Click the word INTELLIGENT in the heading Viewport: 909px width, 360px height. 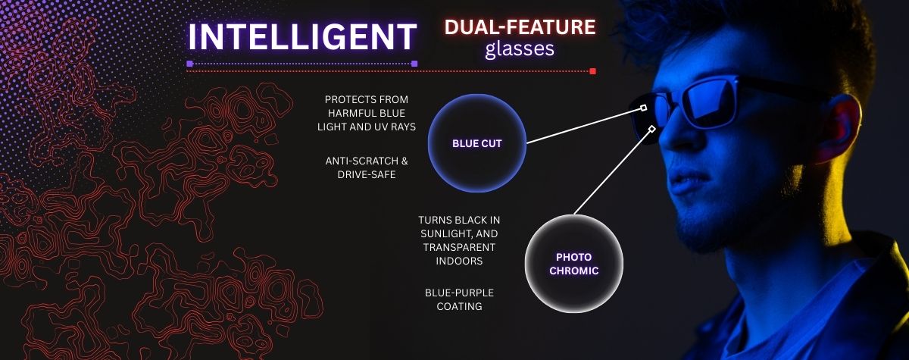click(302, 36)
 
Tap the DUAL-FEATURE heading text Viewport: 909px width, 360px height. click(520, 27)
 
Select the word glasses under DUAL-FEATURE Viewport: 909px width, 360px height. click(520, 49)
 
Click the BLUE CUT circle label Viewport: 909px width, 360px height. click(476, 143)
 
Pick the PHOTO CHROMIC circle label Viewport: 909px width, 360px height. click(574, 264)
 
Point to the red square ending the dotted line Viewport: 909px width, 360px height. click(592, 71)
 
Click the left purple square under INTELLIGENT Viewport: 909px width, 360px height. click(189, 64)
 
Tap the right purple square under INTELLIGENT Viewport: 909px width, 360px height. click(414, 64)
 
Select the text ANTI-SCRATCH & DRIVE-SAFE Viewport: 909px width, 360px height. click(367, 167)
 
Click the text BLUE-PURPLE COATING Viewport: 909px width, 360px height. click(459, 299)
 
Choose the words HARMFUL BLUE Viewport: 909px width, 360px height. click(367, 113)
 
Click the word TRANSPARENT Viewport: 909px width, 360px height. click(459, 247)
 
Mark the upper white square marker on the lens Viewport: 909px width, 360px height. click(643, 108)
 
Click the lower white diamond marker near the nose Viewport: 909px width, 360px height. click(651, 129)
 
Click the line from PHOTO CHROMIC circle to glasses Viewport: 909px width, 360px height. click(612, 172)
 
